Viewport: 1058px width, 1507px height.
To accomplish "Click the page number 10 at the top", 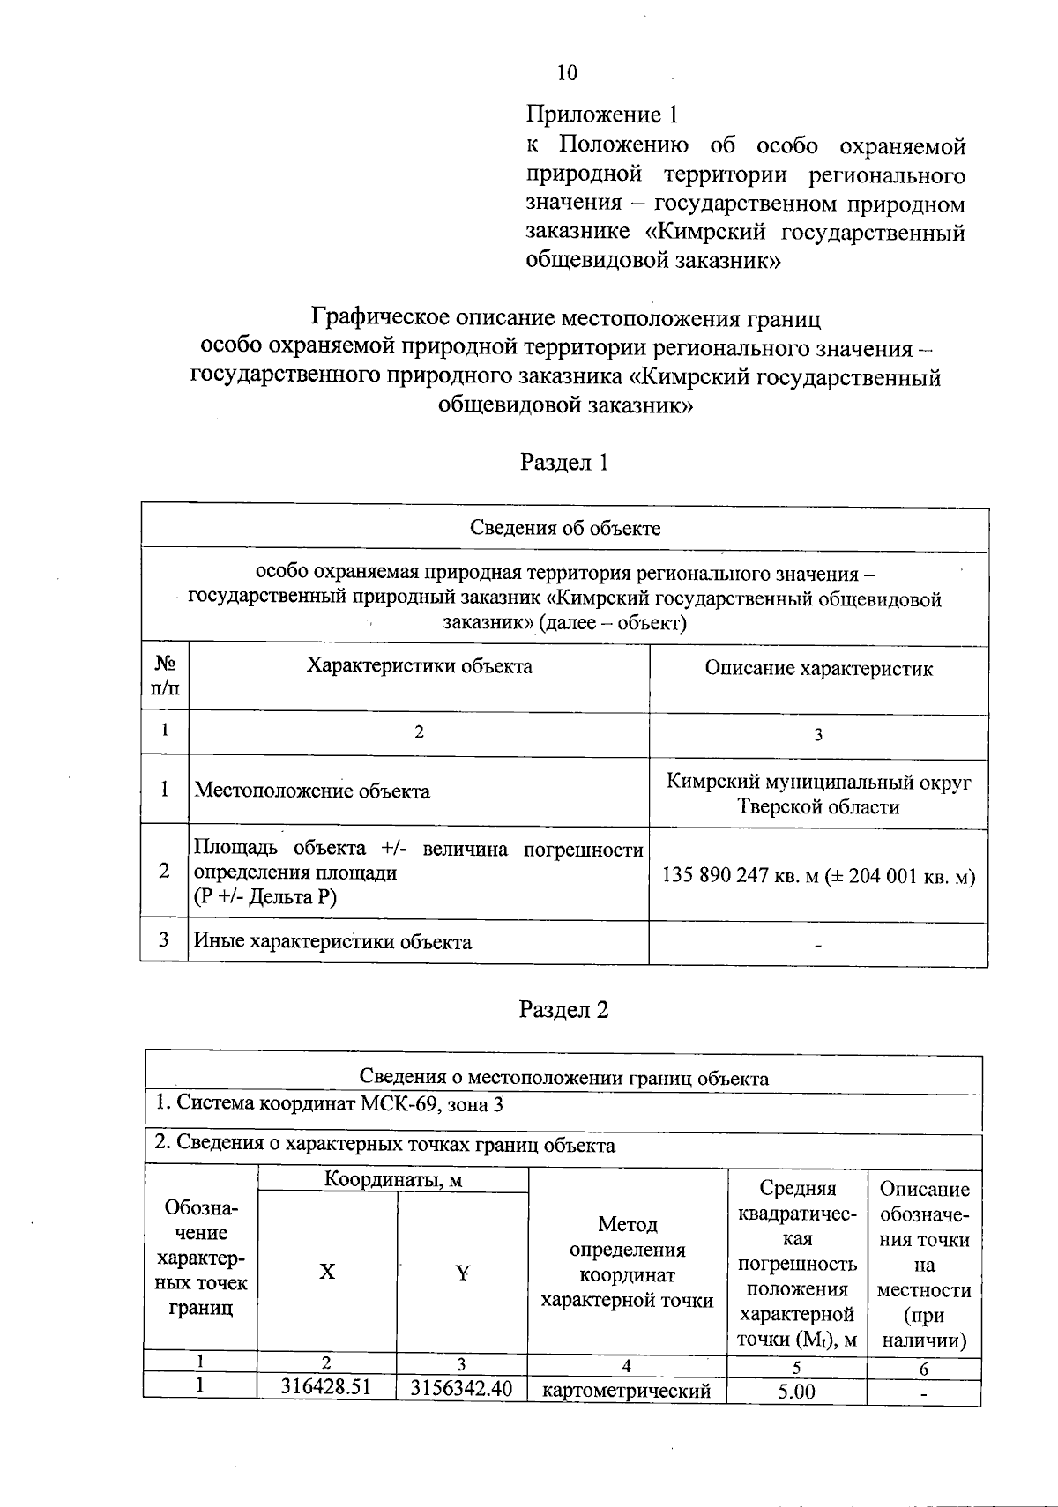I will (567, 73).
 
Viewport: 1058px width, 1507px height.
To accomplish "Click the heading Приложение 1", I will (603, 115).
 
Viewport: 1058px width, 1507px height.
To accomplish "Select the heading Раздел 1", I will (565, 463).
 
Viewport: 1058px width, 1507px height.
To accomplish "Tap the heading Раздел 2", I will (565, 1009).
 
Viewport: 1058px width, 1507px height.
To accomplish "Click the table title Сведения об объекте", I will (564, 529).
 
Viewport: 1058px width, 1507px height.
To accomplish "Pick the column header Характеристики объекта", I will (419, 666).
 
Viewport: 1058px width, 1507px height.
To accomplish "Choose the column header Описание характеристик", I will (818, 669).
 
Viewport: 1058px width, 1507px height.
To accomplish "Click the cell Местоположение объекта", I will (312, 791).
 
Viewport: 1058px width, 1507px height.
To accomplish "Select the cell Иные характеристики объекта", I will (332, 942).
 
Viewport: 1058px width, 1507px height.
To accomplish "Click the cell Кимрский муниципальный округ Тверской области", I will (818, 794).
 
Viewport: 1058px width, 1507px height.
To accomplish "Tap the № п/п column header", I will (165, 676).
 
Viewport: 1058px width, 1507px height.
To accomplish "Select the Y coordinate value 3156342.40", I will (462, 1388).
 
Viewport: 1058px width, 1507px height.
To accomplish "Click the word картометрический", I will (627, 1392).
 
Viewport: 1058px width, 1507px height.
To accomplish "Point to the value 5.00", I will (796, 1392).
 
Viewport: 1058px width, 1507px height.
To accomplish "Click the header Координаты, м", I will (392, 1179).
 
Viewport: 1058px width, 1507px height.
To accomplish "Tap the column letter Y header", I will (462, 1273).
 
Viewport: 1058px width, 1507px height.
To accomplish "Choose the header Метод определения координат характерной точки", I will (627, 1262).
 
